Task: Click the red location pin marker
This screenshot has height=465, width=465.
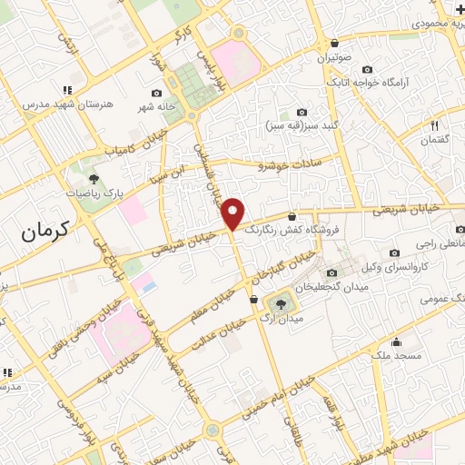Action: tap(233, 213)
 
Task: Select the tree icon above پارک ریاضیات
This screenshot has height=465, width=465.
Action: tap(94, 180)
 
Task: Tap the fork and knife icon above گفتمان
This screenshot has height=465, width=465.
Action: tap(435, 125)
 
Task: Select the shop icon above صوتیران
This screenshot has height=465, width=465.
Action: tap(334, 44)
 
